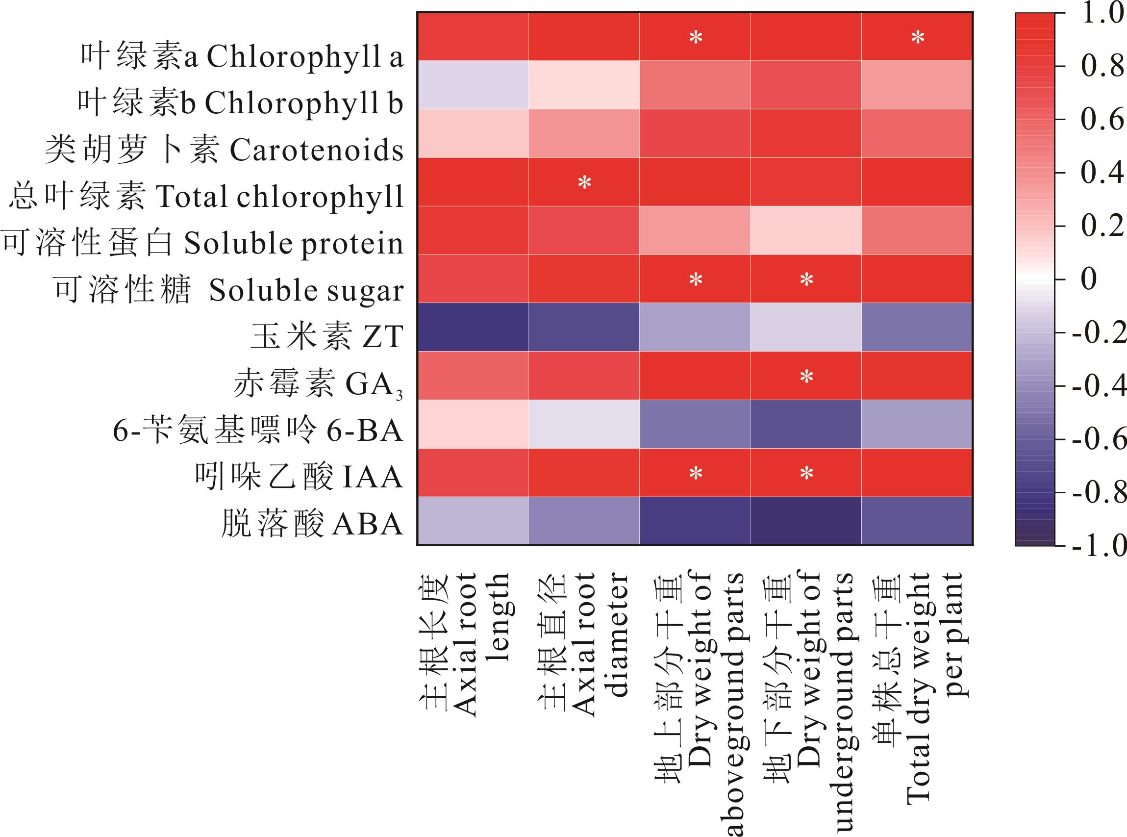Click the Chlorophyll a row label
pyautogui.click(x=242, y=56)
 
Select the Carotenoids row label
pyautogui.click(x=225, y=150)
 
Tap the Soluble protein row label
pyautogui.click(x=202, y=243)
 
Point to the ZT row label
pyautogui.click(x=327, y=337)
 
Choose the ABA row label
pyautogui.click(x=312, y=524)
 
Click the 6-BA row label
pyautogui.click(x=258, y=431)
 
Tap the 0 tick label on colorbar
pyautogui.click(x=1089, y=279)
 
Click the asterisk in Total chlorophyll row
pyautogui.click(x=584, y=182)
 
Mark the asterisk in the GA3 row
pyautogui.click(x=806, y=377)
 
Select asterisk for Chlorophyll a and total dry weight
pyautogui.click(x=918, y=37)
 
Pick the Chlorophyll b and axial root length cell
pyautogui.click(x=473, y=85)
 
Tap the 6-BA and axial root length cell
pyautogui.click(x=473, y=424)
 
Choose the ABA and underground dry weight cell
pyautogui.click(x=806, y=521)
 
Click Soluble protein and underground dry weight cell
pyautogui.click(x=806, y=230)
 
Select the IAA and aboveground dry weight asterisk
pyautogui.click(x=696, y=473)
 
